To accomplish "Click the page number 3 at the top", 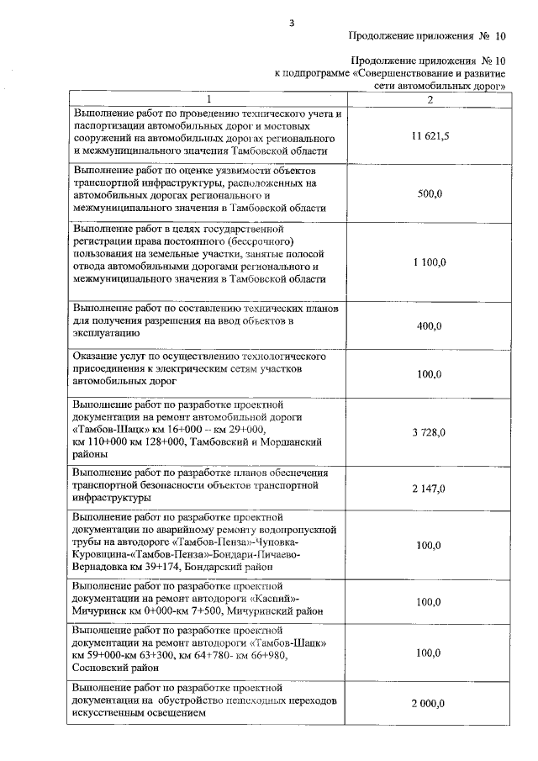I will point(291,23).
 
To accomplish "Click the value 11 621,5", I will point(430,136).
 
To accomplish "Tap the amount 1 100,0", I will point(430,262).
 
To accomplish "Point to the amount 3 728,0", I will point(430,432).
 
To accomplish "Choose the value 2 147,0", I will point(430,488).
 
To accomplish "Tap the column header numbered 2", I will point(430,100).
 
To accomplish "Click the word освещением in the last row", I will point(167,713).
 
